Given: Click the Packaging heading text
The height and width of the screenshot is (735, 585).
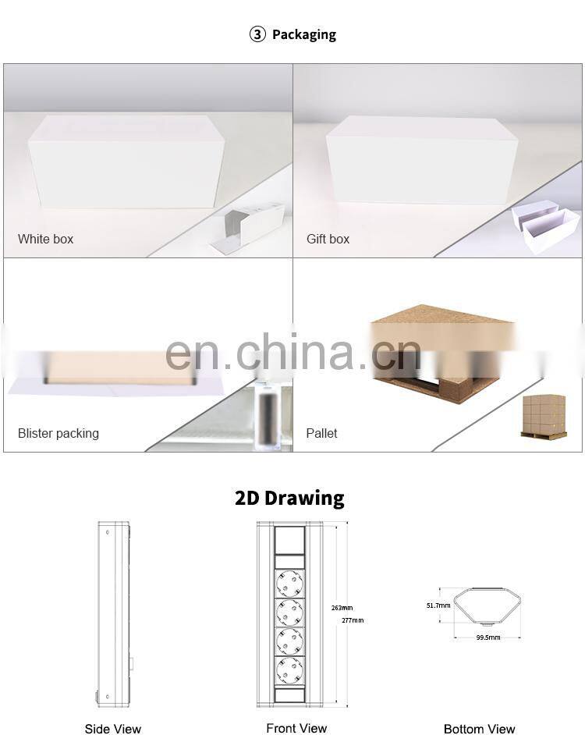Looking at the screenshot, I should (303, 34).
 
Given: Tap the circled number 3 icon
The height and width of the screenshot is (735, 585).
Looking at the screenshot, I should (257, 34).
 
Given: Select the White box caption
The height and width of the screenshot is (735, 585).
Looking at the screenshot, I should (45, 239).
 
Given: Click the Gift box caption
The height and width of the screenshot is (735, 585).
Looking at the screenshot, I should (328, 239).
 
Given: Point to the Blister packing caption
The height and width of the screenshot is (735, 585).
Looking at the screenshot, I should (58, 433).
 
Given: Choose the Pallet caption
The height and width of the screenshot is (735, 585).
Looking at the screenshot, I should (321, 433).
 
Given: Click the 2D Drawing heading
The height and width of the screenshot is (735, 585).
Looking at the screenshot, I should (289, 498).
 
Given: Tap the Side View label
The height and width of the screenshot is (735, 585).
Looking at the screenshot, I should (113, 729).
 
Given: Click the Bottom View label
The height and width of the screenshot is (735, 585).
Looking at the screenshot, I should (480, 729).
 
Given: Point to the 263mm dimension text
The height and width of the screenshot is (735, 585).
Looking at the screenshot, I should (342, 607).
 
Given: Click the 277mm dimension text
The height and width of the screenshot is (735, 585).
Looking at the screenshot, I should (353, 620).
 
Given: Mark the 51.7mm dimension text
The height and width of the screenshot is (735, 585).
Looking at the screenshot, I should (438, 605).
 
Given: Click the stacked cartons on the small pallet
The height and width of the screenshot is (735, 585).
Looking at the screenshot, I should (544, 415).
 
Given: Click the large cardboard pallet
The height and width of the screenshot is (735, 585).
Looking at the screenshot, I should (441, 351).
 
